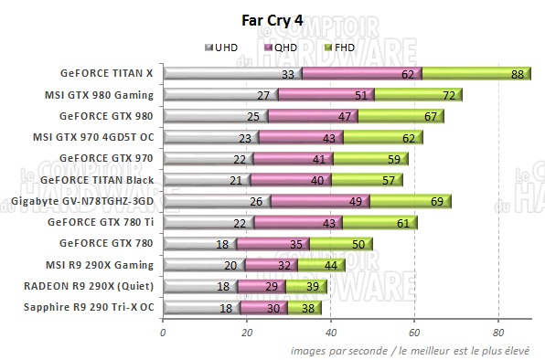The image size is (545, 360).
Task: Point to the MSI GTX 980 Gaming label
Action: [100, 94]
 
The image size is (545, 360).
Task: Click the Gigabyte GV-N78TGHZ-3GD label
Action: [81, 200]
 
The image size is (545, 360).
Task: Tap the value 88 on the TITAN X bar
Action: [518, 74]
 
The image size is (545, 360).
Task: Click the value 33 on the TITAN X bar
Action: [289, 74]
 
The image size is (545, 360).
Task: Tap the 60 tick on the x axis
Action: [415, 333]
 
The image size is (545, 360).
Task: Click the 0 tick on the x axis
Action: [163, 333]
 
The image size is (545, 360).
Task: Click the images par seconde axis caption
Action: [417, 350]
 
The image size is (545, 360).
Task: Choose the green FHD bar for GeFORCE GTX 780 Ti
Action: [366, 222]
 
